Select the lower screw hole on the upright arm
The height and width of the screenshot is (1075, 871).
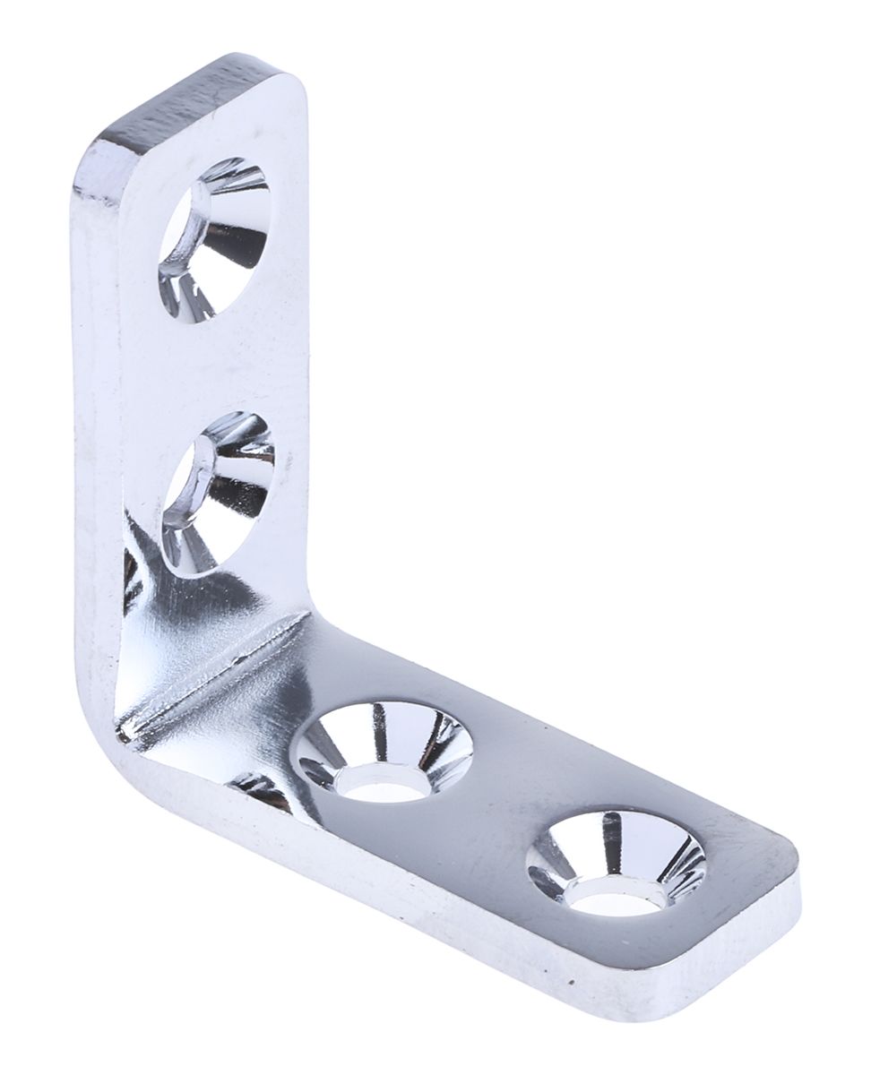coord(219,492)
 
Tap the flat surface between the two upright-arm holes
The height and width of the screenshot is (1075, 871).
coord(224,367)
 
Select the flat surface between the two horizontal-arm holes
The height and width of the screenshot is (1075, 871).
coord(502,806)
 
